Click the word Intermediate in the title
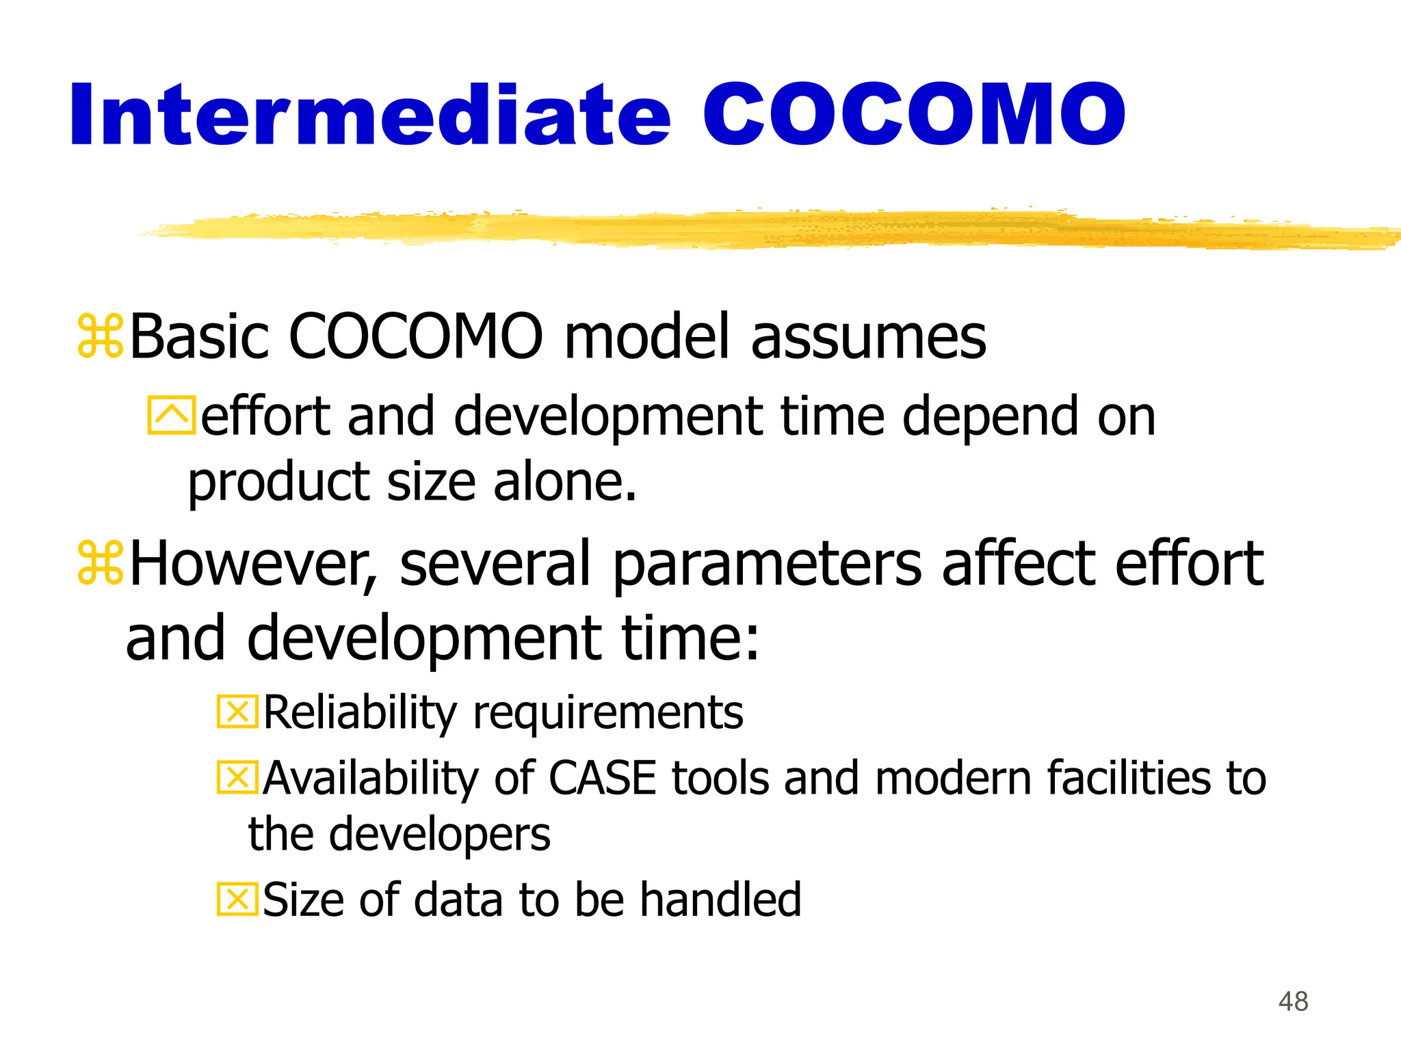369,115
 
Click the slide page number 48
1293,1001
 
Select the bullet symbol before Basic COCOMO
101,336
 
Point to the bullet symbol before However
101,563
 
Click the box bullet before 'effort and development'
171,416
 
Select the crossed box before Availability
237,778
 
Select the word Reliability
360,713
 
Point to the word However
253,564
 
